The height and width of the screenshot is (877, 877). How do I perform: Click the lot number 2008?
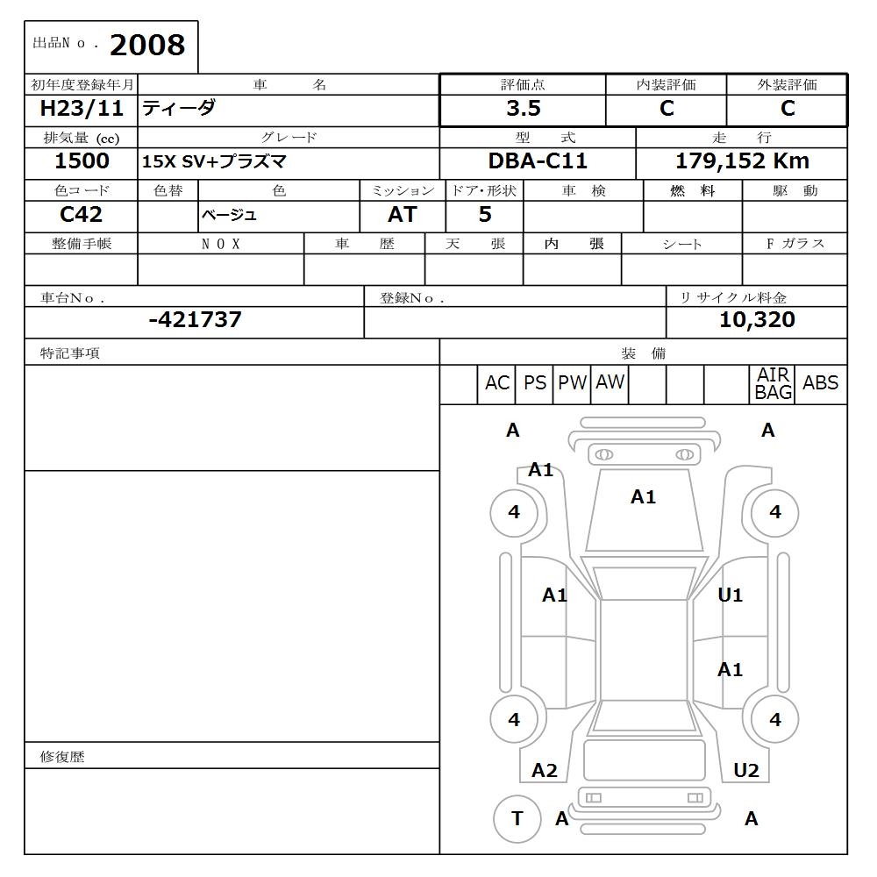(x=147, y=46)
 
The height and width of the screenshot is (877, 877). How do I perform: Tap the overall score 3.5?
(x=523, y=109)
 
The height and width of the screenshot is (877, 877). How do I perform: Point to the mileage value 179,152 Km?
(x=742, y=161)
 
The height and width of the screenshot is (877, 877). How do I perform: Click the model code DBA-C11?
(x=538, y=161)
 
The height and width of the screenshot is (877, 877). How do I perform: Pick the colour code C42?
(x=81, y=214)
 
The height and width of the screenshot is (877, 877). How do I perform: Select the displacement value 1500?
(x=82, y=161)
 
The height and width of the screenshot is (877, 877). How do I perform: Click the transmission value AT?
(x=402, y=215)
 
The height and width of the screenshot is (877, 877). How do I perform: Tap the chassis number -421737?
(x=195, y=320)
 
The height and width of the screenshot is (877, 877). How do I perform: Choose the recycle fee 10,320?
(x=757, y=320)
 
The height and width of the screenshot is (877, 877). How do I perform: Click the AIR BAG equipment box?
(x=773, y=384)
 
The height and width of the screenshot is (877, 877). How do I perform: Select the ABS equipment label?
(x=820, y=383)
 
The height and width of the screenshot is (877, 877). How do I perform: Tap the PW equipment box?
(x=572, y=383)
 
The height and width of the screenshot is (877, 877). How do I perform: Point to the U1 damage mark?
(x=730, y=595)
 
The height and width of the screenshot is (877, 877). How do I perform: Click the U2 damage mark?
(x=745, y=771)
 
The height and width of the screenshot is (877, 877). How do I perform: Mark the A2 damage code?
(x=545, y=771)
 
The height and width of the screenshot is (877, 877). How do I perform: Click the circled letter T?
(x=517, y=818)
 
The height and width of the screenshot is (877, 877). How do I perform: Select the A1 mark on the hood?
(x=643, y=497)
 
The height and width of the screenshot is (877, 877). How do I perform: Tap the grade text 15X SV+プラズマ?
(x=215, y=162)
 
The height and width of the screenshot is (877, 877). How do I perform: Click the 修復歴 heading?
(x=62, y=757)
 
